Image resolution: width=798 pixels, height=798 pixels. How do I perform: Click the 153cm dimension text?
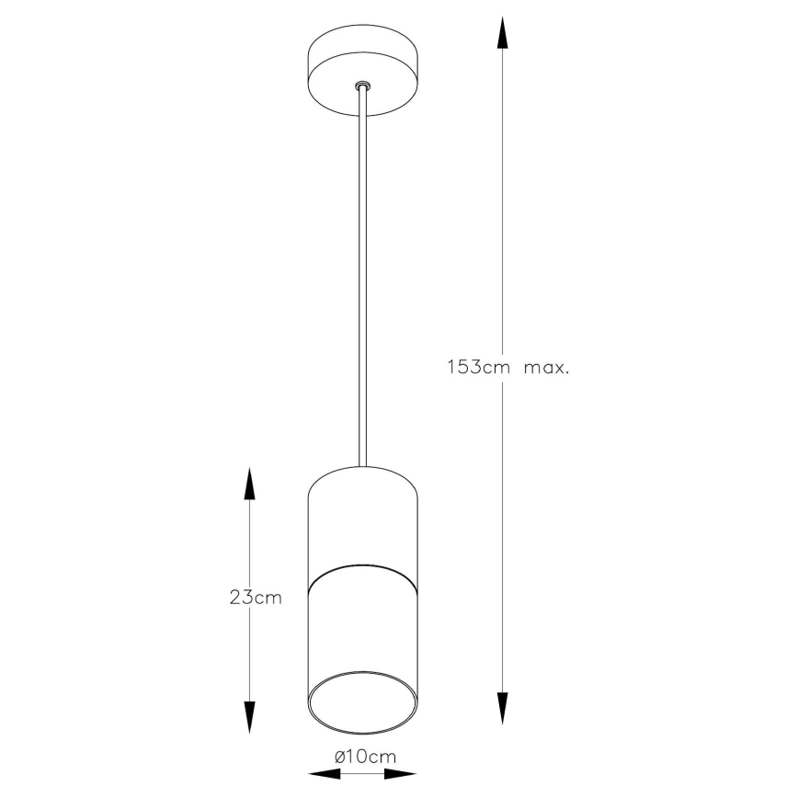click(477, 368)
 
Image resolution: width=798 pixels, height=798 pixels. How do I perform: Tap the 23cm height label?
click(256, 598)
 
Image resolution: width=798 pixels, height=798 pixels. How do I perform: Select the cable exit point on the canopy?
click(363, 86)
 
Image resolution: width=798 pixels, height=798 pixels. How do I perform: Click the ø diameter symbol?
click(340, 756)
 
